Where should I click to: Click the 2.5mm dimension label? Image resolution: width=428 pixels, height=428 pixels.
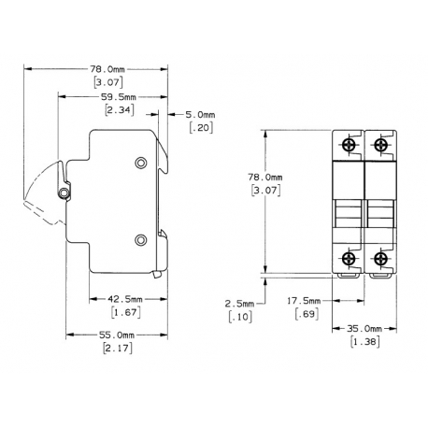(240, 304)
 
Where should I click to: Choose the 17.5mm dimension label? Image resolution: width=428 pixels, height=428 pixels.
(305, 300)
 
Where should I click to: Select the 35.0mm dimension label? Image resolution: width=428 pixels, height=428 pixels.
(364, 330)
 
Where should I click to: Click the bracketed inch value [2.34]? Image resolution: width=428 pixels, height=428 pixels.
(119, 110)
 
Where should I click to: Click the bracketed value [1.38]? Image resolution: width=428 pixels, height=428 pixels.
(364, 343)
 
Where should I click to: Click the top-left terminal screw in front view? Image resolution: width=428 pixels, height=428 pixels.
(349, 145)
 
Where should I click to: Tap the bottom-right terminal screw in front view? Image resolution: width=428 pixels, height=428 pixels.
(380, 259)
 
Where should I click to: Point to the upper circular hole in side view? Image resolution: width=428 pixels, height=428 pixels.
(142, 164)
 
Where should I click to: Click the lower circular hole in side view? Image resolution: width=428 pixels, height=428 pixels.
(142, 240)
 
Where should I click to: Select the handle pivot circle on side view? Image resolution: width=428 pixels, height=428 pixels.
(64, 193)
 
